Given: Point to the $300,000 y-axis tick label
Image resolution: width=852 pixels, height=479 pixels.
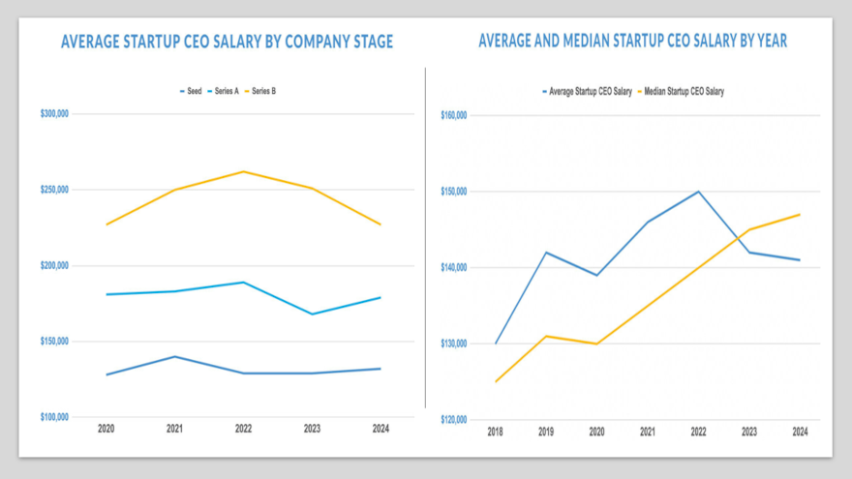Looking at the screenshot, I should pyautogui.click(x=54, y=113).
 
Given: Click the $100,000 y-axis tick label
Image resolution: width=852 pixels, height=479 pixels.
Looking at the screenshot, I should pyautogui.click(x=54, y=417).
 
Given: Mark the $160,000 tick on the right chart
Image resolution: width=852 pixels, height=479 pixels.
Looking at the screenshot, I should pyautogui.click(x=454, y=115).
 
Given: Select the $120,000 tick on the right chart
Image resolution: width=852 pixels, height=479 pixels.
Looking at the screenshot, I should pyautogui.click(x=454, y=419).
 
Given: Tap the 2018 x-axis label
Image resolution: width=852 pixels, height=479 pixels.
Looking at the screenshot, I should pyautogui.click(x=496, y=432).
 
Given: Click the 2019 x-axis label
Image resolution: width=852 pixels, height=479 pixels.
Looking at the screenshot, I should pyautogui.click(x=546, y=432).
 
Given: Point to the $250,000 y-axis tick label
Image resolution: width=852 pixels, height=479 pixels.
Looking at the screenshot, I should pyautogui.click(x=54, y=190).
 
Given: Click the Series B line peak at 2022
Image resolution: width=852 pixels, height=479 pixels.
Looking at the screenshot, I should pyautogui.click(x=243, y=172).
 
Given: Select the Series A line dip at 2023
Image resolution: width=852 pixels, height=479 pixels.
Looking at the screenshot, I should pyautogui.click(x=312, y=314).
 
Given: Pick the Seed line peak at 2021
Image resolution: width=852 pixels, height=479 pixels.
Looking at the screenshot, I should pyautogui.click(x=175, y=356).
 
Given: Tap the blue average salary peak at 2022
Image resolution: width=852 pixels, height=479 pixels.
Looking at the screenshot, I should pyautogui.click(x=698, y=192).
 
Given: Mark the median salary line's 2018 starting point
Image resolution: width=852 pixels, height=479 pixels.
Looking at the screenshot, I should pyautogui.click(x=496, y=381).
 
